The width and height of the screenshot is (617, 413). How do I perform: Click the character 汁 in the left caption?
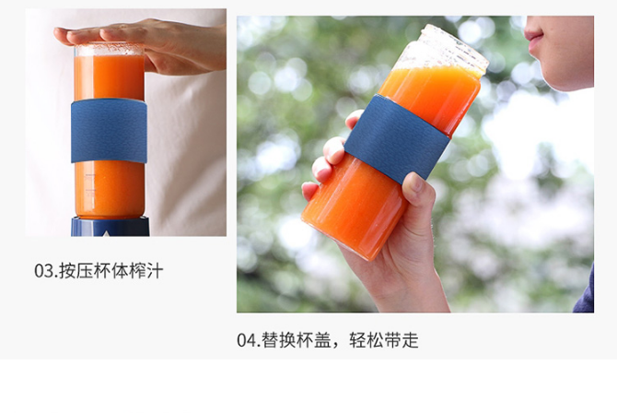[155, 271]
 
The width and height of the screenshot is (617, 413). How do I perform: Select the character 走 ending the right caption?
[410, 340]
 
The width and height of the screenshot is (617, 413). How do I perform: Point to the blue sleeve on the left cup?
[109, 131]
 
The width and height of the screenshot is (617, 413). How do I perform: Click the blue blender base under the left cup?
[111, 226]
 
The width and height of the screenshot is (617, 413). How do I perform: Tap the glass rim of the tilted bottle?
[456, 44]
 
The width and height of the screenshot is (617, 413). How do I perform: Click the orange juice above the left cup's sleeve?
[109, 77]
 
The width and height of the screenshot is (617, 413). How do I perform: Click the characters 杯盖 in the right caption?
[314, 340]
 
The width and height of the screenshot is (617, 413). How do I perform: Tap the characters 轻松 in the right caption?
[366, 340]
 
